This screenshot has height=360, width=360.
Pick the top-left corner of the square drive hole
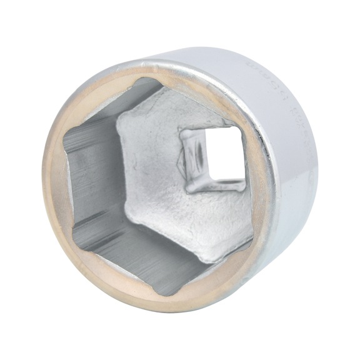tap(182, 130)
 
